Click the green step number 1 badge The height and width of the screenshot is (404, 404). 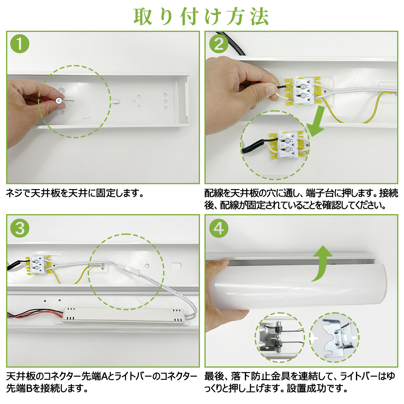click(x=20, y=44)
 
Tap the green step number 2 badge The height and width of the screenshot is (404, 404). click(x=219, y=44)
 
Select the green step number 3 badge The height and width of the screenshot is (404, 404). click(x=20, y=229)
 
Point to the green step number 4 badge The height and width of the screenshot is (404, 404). click(x=219, y=229)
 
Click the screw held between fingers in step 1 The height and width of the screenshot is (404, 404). click(x=59, y=100)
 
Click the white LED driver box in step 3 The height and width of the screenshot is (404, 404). click(x=123, y=315)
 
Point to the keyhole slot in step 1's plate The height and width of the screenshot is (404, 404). click(x=87, y=119)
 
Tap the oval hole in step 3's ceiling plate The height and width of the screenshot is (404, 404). click(x=176, y=265)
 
